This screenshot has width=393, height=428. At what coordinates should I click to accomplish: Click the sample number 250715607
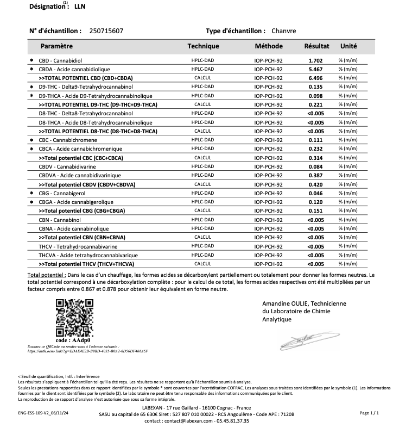(x=106, y=31)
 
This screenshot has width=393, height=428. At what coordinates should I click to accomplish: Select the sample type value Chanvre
(x=285, y=31)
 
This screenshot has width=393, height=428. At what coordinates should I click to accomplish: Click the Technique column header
(x=203, y=46)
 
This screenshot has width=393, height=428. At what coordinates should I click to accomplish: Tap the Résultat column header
(x=316, y=46)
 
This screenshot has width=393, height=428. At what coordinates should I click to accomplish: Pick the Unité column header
(x=348, y=46)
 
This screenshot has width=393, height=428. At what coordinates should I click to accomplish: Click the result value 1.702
(x=316, y=61)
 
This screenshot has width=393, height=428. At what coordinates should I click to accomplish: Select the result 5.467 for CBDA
(x=316, y=70)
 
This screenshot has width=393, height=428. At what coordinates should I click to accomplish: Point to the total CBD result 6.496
(x=316, y=78)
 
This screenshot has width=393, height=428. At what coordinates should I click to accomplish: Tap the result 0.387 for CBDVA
(x=316, y=176)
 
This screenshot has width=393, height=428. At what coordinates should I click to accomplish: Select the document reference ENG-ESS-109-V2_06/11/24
(x=47, y=414)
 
